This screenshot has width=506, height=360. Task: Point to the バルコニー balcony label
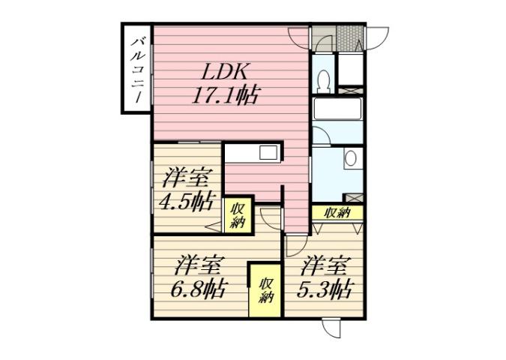pyautogui.click(x=136, y=69)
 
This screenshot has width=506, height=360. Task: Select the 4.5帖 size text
pyautogui.click(x=185, y=202)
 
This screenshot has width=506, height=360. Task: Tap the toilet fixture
pyautogui.click(x=323, y=79)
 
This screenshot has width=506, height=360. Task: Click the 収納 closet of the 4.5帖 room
pyautogui.click(x=237, y=215)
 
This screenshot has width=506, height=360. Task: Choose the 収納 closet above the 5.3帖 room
pyautogui.click(x=337, y=213)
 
